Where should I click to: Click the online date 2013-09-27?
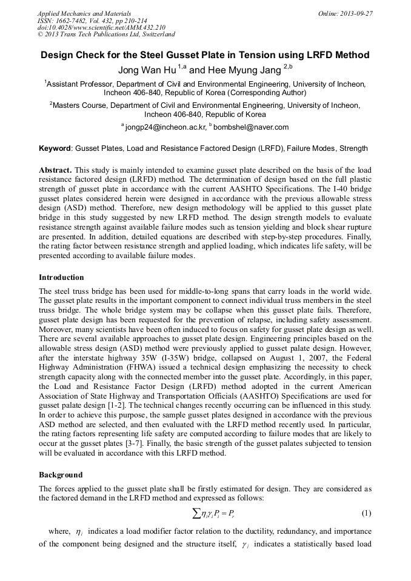[355, 13]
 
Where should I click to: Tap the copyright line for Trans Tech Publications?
[106, 35]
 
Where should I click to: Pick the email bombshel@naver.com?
[250, 127]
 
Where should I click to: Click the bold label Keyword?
[55, 148]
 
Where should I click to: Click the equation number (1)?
[366, 513]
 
